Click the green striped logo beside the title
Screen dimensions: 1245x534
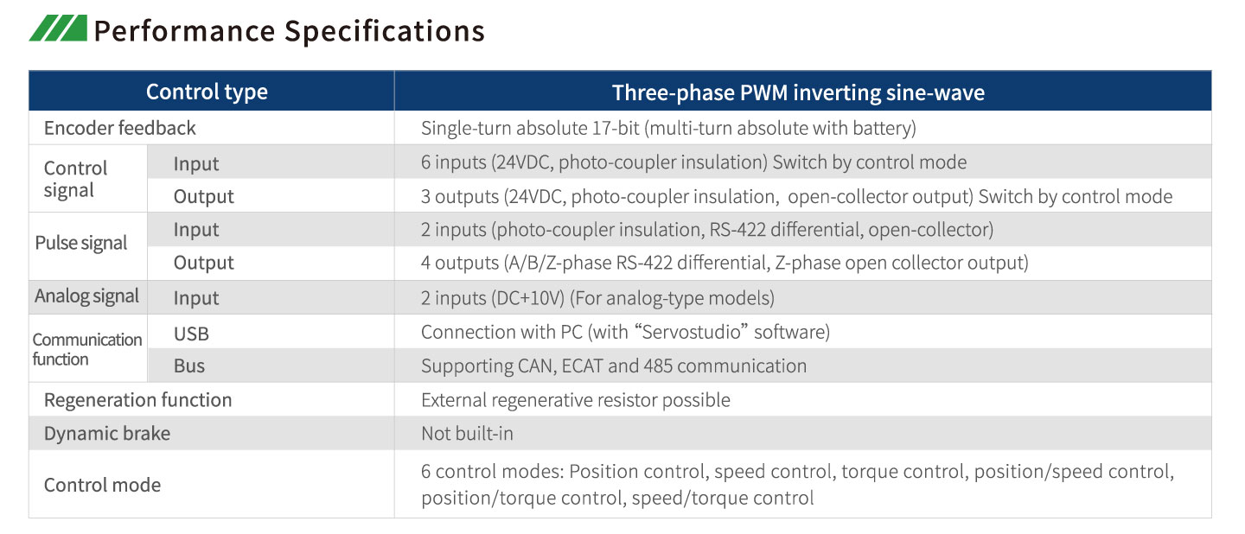[x=59, y=28]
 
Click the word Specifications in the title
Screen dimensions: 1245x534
[x=385, y=32]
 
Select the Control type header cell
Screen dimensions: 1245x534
[x=207, y=92]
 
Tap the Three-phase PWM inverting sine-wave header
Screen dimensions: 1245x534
[x=798, y=92]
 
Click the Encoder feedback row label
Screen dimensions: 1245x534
[x=120, y=128]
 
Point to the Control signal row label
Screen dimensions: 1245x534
[x=75, y=179]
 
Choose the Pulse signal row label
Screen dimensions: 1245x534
[x=81, y=243]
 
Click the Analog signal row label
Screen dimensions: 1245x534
[x=86, y=296]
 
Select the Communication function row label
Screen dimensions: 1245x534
[x=87, y=349]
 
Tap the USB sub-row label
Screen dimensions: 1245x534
[x=191, y=334]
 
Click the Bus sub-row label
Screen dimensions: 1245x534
[x=189, y=366]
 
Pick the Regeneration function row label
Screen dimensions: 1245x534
[x=137, y=400]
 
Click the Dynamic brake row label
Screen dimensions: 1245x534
[x=107, y=434]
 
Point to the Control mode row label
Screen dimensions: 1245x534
[x=102, y=485]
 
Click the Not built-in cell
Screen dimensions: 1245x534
[x=468, y=434]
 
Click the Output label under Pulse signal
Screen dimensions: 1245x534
[x=203, y=263]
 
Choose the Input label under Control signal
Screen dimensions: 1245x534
[x=196, y=164]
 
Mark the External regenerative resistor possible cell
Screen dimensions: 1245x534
[x=576, y=400]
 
